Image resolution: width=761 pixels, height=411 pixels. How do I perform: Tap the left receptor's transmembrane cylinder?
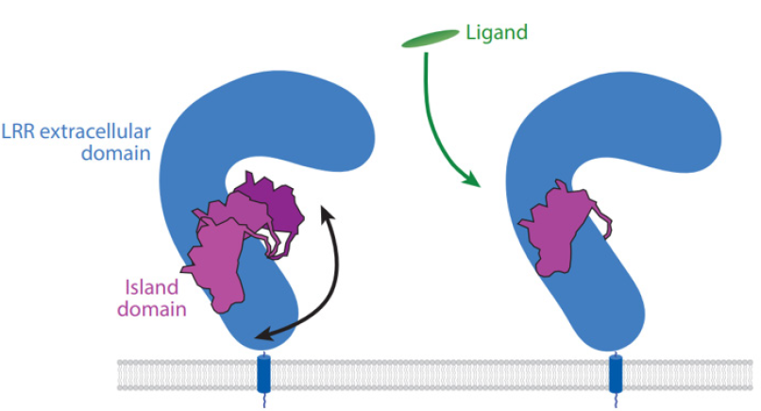pos(262,373)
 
